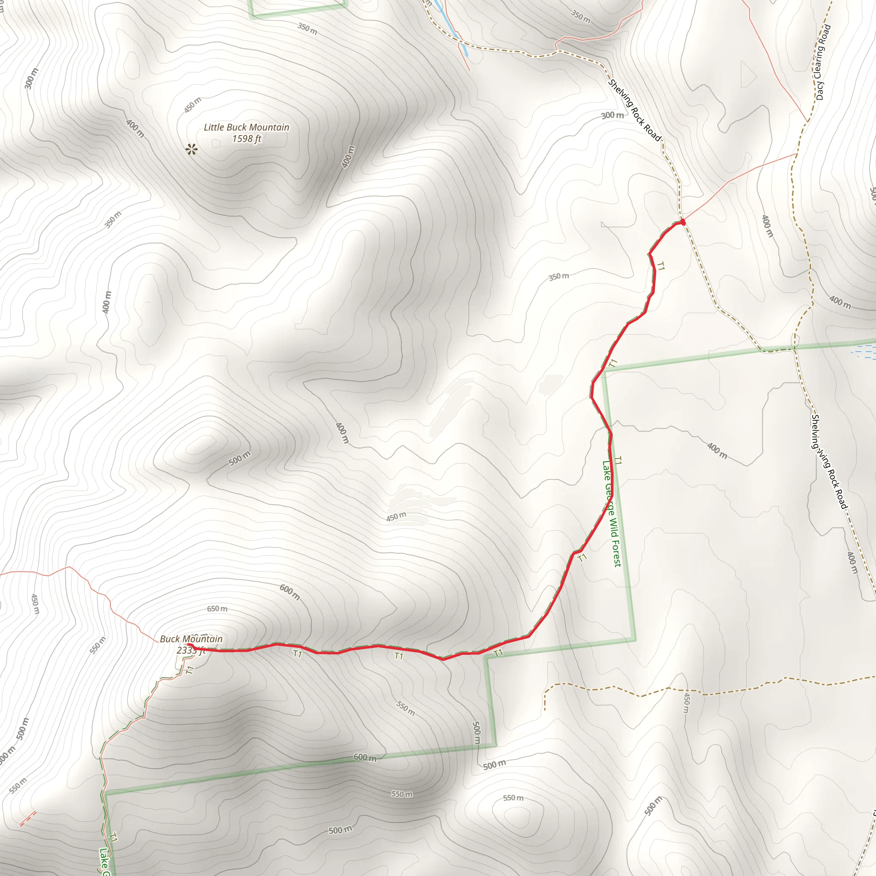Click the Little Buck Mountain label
(x=246, y=127)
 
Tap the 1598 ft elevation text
(x=246, y=139)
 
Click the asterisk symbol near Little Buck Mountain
(x=192, y=149)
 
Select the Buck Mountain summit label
(x=191, y=639)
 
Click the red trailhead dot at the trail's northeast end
(x=682, y=221)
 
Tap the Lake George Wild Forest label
(x=612, y=513)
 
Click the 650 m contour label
(x=217, y=609)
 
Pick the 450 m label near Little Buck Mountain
(x=193, y=105)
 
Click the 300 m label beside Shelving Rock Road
(x=613, y=115)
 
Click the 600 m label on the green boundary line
(x=365, y=758)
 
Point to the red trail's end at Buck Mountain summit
(x=189, y=645)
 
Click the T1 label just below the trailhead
(x=660, y=266)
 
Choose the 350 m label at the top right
(x=581, y=16)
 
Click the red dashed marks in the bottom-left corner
(x=28, y=818)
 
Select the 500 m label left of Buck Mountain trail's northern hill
(x=240, y=459)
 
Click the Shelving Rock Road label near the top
(x=634, y=110)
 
